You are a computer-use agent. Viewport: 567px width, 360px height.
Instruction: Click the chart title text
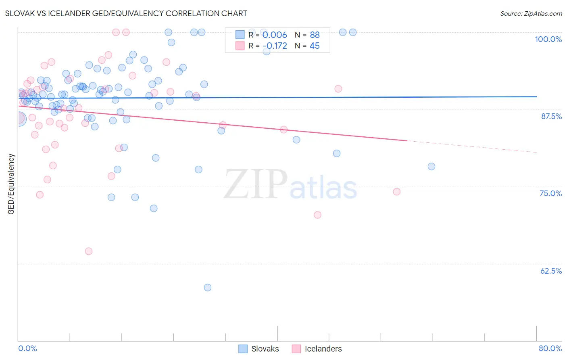126,14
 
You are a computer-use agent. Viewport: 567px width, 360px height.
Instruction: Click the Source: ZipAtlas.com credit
531,14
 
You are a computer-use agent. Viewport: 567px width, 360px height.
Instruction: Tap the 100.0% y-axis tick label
548,39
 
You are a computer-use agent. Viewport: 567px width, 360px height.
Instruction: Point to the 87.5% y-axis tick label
551,116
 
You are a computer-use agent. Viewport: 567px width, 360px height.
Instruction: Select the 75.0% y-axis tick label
550,193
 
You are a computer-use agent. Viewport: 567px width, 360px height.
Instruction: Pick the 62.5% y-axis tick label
551,271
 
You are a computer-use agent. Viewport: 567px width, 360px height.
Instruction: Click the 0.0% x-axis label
27,348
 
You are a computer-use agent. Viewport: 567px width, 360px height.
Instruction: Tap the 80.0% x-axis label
550,348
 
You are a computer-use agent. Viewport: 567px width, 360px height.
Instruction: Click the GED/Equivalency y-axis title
11,184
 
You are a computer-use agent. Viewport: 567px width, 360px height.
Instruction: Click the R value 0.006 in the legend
275,35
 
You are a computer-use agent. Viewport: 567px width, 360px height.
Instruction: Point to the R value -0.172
275,46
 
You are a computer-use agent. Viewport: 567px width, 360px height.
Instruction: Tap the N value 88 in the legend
315,35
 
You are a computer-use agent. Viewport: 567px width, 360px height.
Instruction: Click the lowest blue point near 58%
208,288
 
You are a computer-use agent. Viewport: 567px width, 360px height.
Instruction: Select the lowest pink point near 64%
89,251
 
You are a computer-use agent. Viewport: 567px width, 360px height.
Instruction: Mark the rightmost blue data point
432,167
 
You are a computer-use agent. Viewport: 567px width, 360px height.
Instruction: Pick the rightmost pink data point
397,192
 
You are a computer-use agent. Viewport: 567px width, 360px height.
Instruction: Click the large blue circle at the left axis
19,119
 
